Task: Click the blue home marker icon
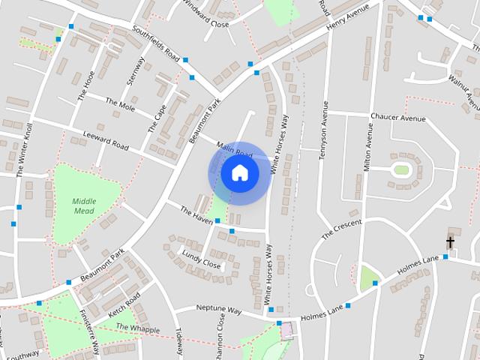tap(239, 172)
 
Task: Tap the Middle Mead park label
tap(85, 205)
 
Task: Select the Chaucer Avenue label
tap(397, 118)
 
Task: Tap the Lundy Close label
tap(201, 259)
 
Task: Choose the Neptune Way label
tap(218, 309)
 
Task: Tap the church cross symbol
tap(451, 242)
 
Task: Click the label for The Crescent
tap(341, 229)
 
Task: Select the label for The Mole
tap(119, 104)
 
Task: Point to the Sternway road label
tap(136, 71)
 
